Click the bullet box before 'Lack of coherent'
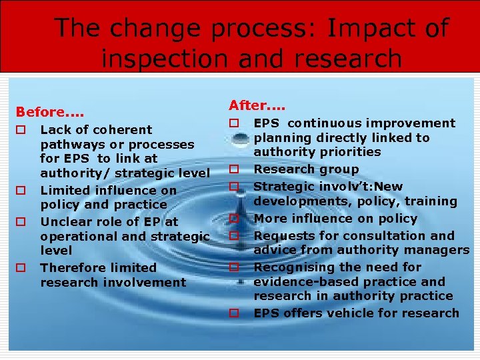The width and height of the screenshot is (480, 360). (x=21, y=130)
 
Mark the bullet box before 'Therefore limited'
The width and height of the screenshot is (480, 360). (x=21, y=268)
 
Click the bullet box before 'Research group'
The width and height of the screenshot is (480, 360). (x=235, y=170)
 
